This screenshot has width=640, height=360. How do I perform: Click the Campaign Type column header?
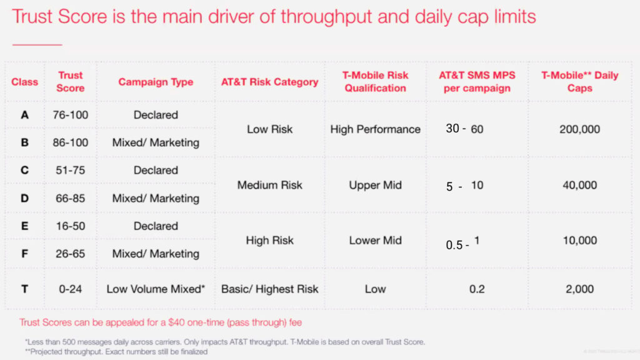pos(156,82)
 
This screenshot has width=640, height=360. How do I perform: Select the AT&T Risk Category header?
pos(269,82)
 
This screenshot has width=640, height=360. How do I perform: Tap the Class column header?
pos(24,82)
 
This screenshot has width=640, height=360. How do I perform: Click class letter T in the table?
pos(24,289)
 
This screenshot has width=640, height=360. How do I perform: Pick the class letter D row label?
pos(24,198)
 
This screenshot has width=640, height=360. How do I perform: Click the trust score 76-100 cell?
pos(70,115)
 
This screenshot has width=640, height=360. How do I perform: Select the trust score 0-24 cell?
pos(70,289)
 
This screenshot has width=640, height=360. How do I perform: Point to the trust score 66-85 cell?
pos(70,198)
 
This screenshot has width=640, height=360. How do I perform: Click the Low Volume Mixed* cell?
pos(156,289)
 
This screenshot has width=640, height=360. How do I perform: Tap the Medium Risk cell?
pos(269,185)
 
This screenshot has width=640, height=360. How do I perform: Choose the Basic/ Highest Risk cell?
pos(269,289)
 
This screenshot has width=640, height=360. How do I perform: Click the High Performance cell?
pos(375,129)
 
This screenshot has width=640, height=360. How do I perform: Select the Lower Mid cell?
pos(375,241)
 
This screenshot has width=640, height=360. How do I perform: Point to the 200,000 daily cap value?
pos(580,129)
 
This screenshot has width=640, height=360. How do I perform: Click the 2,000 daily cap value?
pos(580,289)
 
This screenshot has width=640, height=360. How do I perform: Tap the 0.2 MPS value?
pos(477,289)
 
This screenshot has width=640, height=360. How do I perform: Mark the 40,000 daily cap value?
pos(580,185)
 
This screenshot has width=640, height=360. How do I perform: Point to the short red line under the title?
pos(37,44)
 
